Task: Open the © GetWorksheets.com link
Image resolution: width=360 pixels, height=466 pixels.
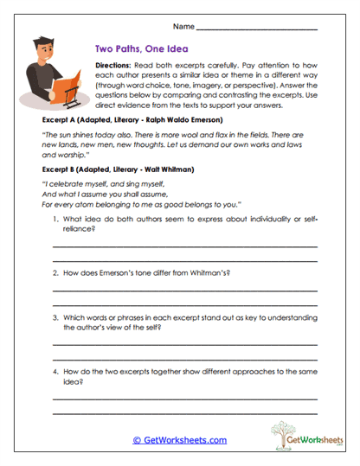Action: coord(179,440)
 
